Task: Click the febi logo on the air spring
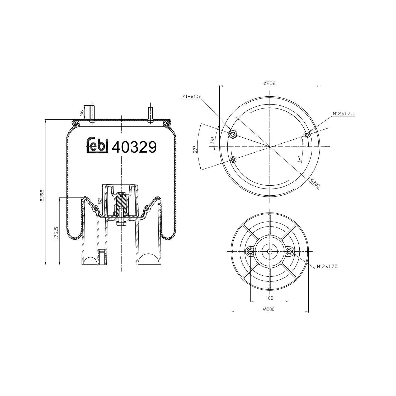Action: click(97, 145)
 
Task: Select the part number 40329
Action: click(134, 147)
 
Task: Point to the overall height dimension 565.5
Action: click(42, 196)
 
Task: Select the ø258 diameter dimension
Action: click(269, 83)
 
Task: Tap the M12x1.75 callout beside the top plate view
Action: click(343, 114)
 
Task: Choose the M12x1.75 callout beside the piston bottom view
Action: click(327, 266)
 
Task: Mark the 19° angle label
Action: click(212, 140)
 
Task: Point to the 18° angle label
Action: click(299, 159)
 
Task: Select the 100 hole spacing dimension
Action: click(270, 298)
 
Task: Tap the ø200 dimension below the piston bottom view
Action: click(269, 309)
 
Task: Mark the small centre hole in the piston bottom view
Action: click(269, 251)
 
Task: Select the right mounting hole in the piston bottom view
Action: click(289, 251)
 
